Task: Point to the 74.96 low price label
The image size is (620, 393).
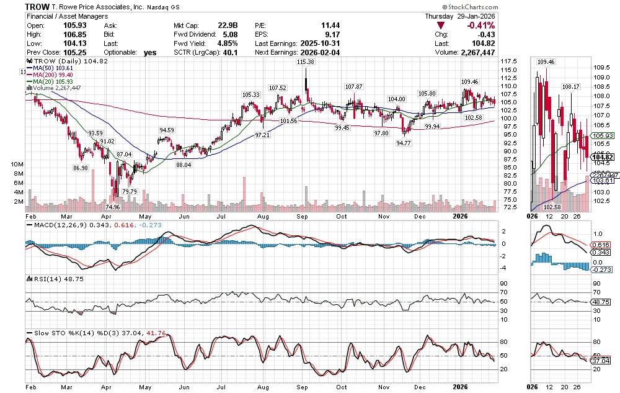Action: point(112,207)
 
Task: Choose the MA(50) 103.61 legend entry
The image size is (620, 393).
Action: point(54,68)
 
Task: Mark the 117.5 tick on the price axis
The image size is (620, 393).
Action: point(510,61)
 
